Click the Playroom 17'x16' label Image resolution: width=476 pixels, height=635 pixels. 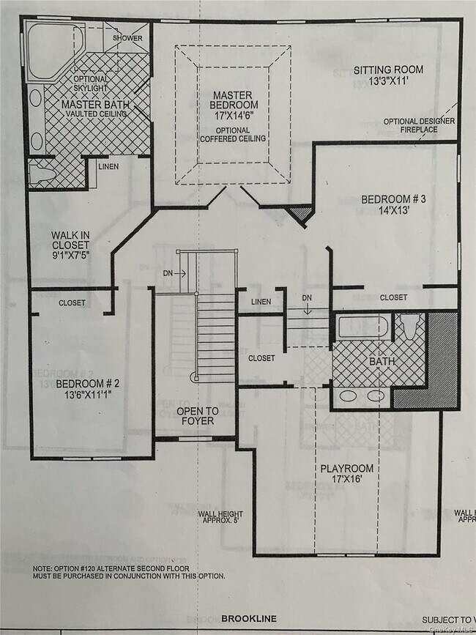pos(349,473)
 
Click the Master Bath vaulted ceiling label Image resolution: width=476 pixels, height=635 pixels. pos(95,109)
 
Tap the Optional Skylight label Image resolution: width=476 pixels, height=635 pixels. pos(91,83)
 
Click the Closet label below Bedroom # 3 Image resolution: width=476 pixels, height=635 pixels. pos(393,297)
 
